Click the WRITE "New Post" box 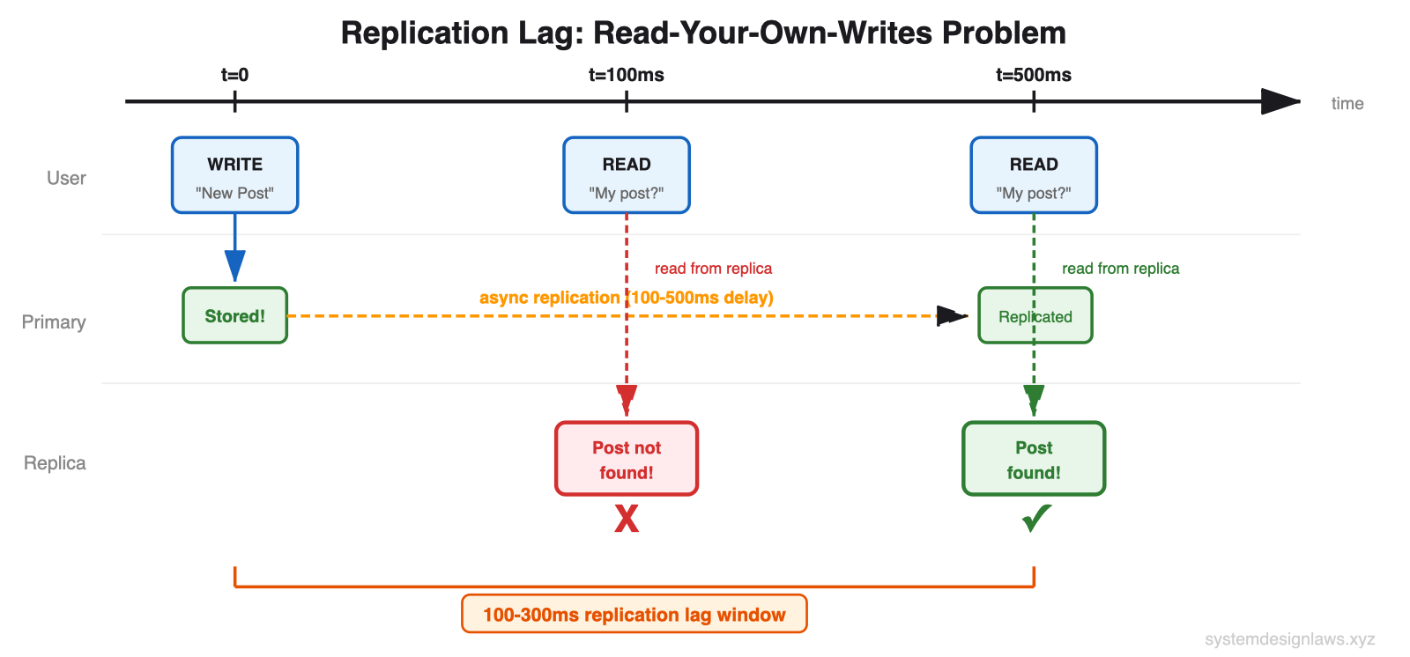(x=234, y=175)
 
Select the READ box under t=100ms (x=626, y=175)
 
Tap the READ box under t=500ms (x=1033, y=175)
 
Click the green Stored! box (x=234, y=315)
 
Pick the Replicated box (x=1035, y=316)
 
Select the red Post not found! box (x=626, y=459)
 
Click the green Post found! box (x=1033, y=459)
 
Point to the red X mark (x=626, y=519)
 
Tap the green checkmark (x=1035, y=518)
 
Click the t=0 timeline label (x=234, y=75)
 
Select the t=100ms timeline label (x=626, y=75)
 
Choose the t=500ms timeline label (x=1033, y=75)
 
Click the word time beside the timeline (x=1347, y=103)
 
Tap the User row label (x=66, y=178)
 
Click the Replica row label (x=55, y=463)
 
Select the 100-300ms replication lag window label (x=634, y=615)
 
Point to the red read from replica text (x=713, y=269)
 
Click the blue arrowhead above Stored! (x=234, y=265)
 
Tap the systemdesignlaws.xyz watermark (x=1289, y=639)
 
